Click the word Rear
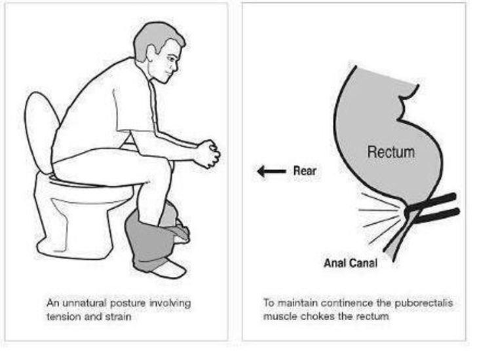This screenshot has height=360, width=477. pos(305,171)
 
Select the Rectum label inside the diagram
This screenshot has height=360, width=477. pos(390,152)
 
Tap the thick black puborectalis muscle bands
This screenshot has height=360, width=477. pos(436,207)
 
